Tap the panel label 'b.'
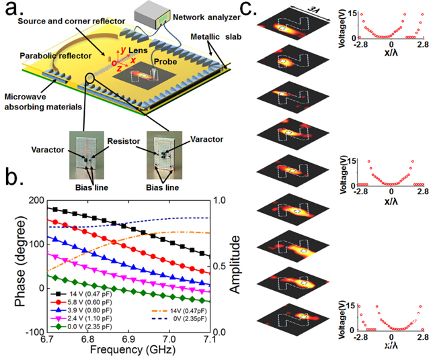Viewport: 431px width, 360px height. pos(13,179)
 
